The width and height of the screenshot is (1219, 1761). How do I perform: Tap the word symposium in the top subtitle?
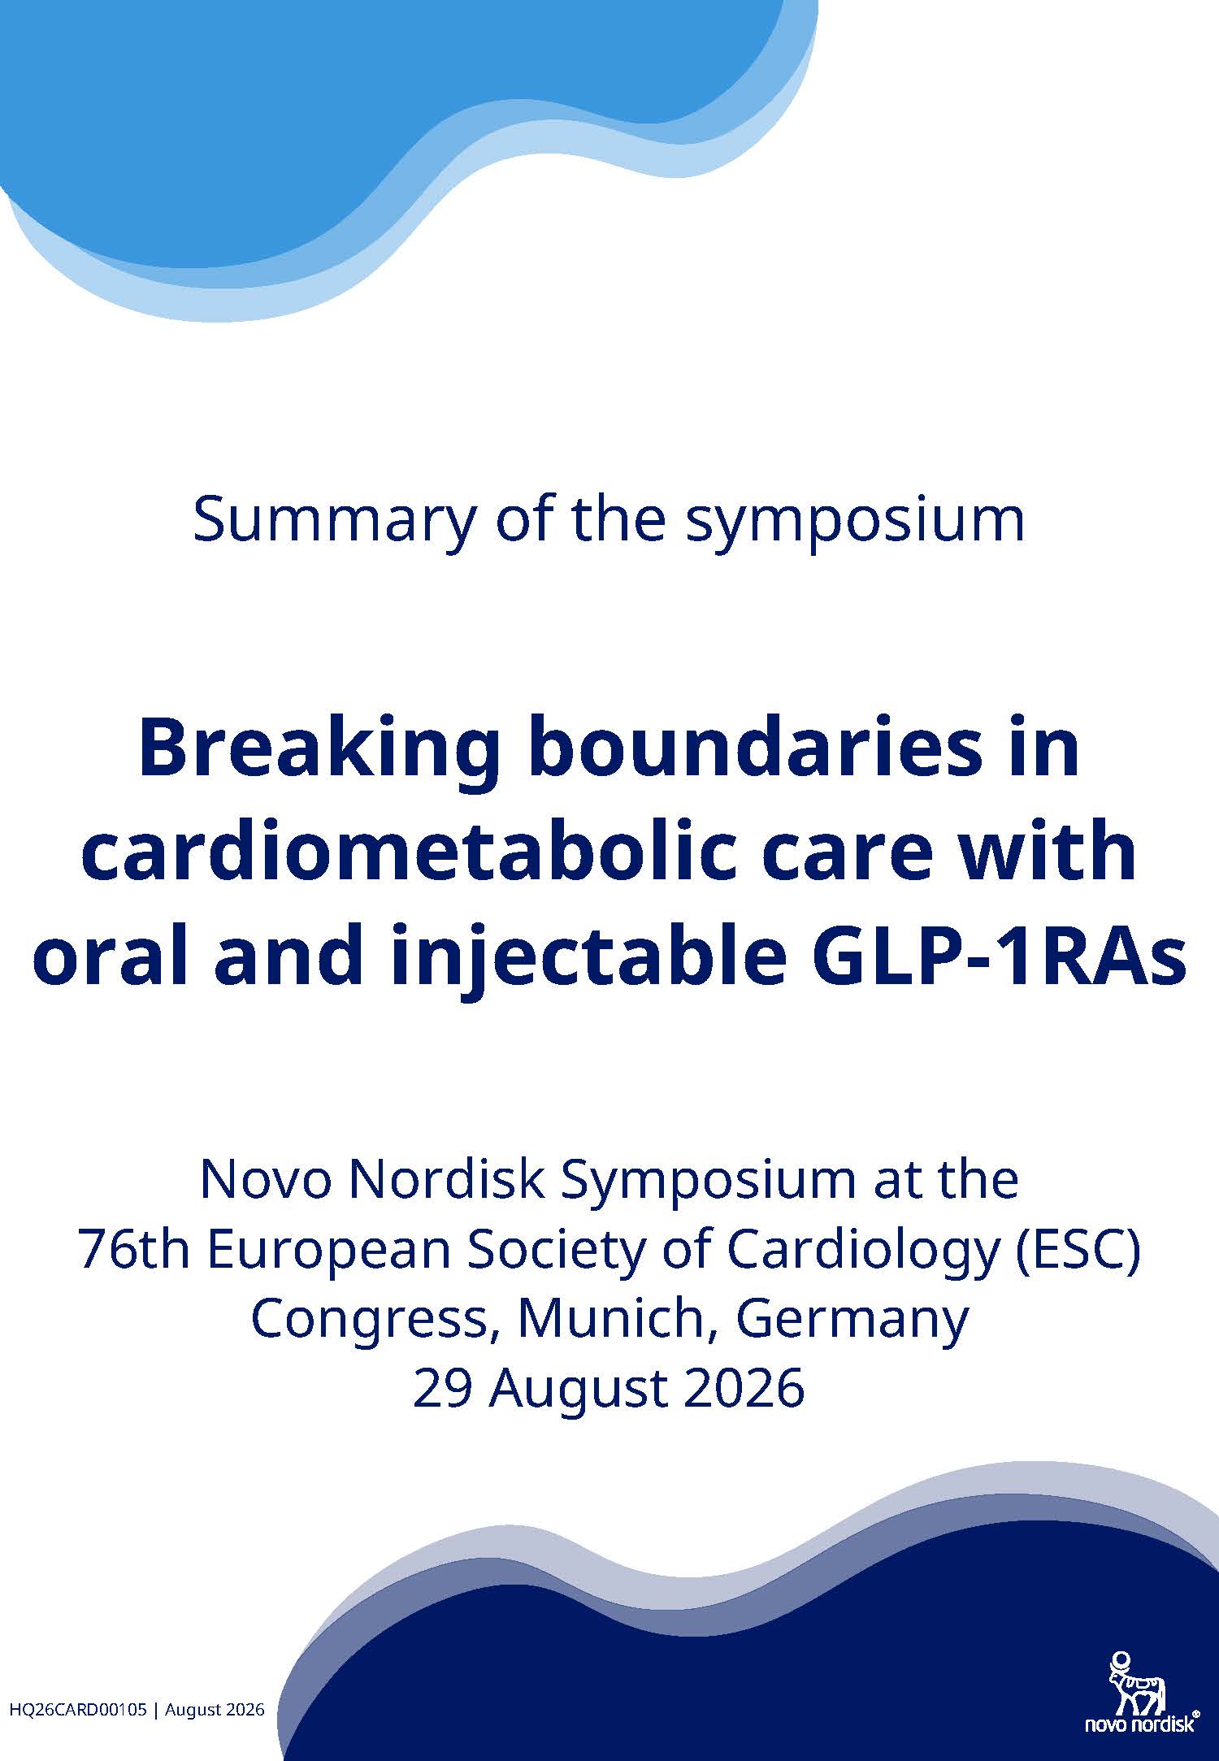click(855, 522)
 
